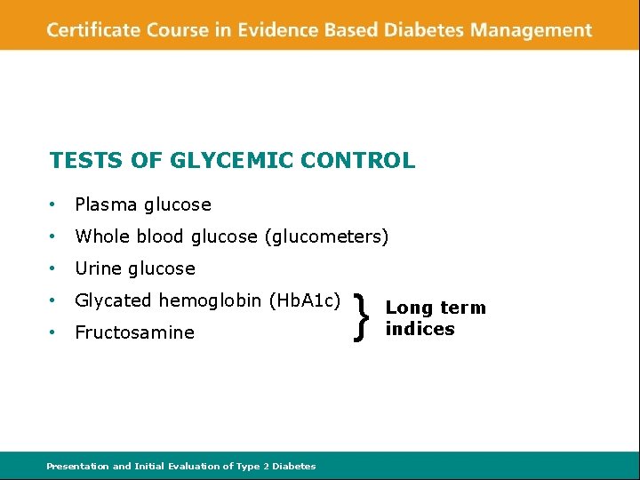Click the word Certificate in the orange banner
(x=92, y=30)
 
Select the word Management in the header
(x=531, y=30)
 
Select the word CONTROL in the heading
(x=357, y=161)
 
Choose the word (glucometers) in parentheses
(x=333, y=236)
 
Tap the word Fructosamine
(x=134, y=332)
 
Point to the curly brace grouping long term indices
(x=360, y=318)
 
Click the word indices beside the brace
(x=420, y=329)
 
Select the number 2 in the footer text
(x=266, y=466)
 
